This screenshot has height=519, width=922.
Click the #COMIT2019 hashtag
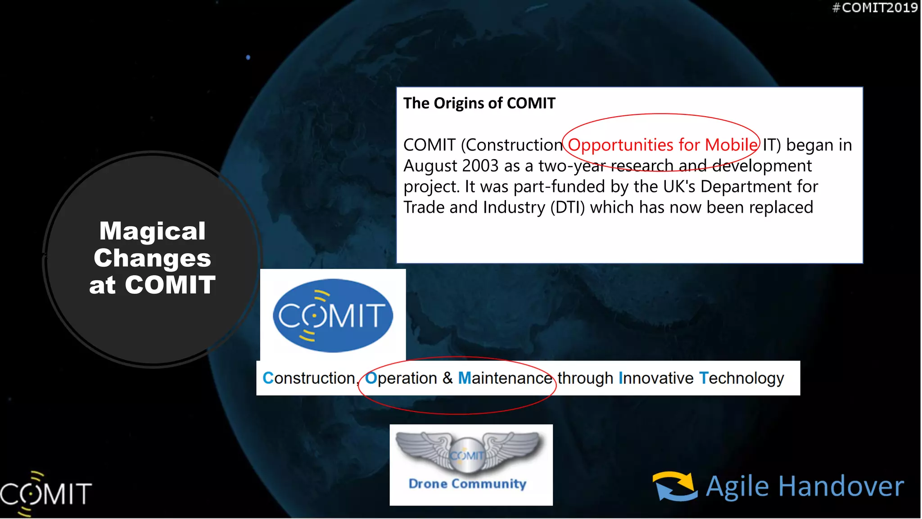point(875,8)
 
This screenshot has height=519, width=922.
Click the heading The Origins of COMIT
point(479,103)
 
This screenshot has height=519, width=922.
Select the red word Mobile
point(731,145)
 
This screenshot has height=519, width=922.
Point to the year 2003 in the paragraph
point(480,166)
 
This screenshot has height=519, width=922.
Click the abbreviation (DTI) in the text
point(567,208)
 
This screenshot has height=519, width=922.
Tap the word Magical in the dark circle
point(152,231)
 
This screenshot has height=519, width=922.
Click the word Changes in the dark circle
point(152,258)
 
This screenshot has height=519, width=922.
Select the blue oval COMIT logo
point(333,315)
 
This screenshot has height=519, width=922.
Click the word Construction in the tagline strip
point(310,378)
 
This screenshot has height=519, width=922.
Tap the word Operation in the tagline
point(401,378)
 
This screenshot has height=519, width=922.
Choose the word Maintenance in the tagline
point(505,378)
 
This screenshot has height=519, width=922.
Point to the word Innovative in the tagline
point(656,378)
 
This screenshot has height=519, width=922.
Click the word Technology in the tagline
point(741,378)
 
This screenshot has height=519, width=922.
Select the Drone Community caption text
point(467,484)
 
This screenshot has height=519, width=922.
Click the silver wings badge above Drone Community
point(468,452)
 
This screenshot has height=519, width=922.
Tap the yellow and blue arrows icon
point(675,486)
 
